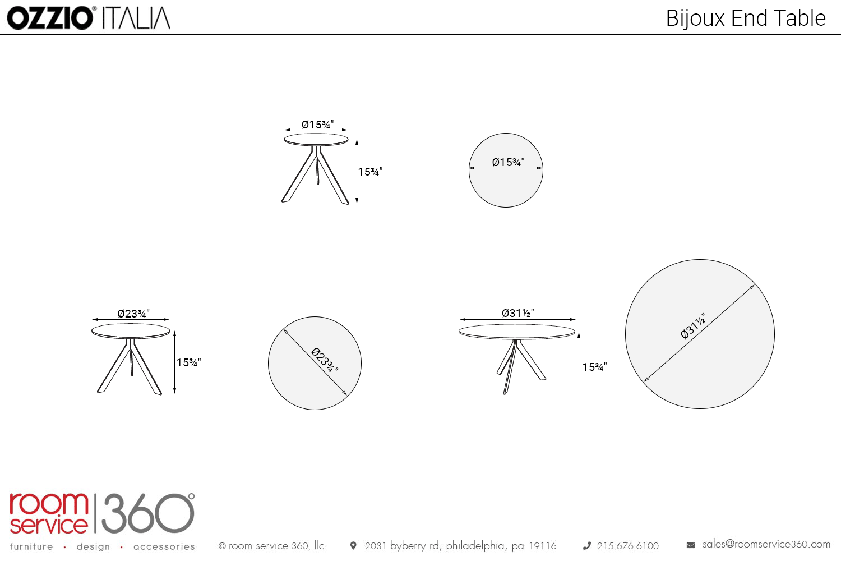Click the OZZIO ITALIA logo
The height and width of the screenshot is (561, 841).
point(89,18)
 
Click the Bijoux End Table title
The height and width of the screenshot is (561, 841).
point(746,18)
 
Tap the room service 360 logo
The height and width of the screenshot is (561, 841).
point(102,513)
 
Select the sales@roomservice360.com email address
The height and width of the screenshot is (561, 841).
point(766,545)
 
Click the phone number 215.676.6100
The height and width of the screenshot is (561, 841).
point(628,546)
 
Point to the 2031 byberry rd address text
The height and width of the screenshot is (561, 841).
point(461,546)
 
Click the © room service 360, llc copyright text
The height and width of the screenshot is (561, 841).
point(271,546)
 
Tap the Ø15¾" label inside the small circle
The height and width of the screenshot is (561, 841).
point(508,162)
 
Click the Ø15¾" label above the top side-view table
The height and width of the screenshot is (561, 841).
point(318,125)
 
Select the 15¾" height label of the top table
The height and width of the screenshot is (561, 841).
point(370,172)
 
